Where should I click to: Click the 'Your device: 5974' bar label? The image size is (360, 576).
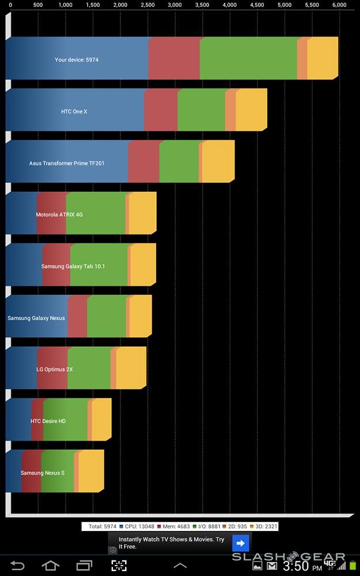click(77, 59)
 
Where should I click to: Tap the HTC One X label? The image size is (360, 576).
click(74, 111)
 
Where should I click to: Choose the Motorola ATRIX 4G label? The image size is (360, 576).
click(59, 214)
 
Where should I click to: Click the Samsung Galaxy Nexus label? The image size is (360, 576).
click(36, 318)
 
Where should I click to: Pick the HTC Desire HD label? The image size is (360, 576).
click(48, 421)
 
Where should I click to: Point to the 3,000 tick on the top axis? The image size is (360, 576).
click(175, 5)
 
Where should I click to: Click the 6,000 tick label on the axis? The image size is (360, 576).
click(339, 5)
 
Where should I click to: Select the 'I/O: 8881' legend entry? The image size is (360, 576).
click(206, 526)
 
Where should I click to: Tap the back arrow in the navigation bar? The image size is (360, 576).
click(17, 566)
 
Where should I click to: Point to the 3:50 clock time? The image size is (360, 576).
click(296, 566)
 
